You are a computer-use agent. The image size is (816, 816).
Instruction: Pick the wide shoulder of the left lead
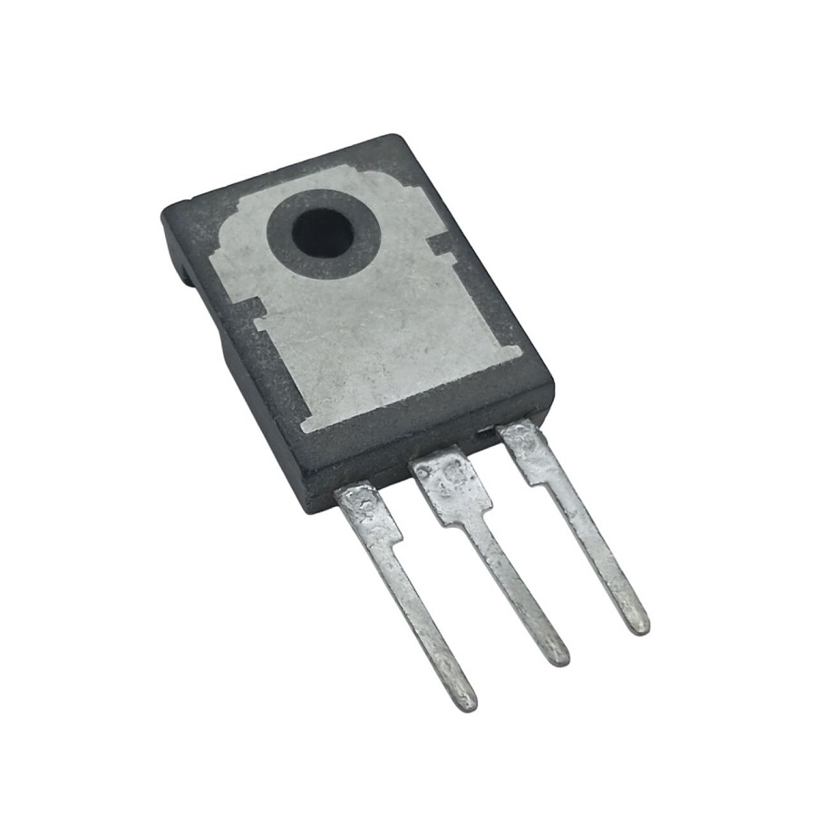click(x=366, y=512)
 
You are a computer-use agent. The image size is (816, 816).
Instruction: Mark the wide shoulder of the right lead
click(x=527, y=445)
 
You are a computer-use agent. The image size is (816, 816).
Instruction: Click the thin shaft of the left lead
click(x=423, y=617)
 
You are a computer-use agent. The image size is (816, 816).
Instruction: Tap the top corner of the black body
click(x=392, y=142)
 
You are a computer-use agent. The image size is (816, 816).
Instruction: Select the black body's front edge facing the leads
click(x=426, y=453)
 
